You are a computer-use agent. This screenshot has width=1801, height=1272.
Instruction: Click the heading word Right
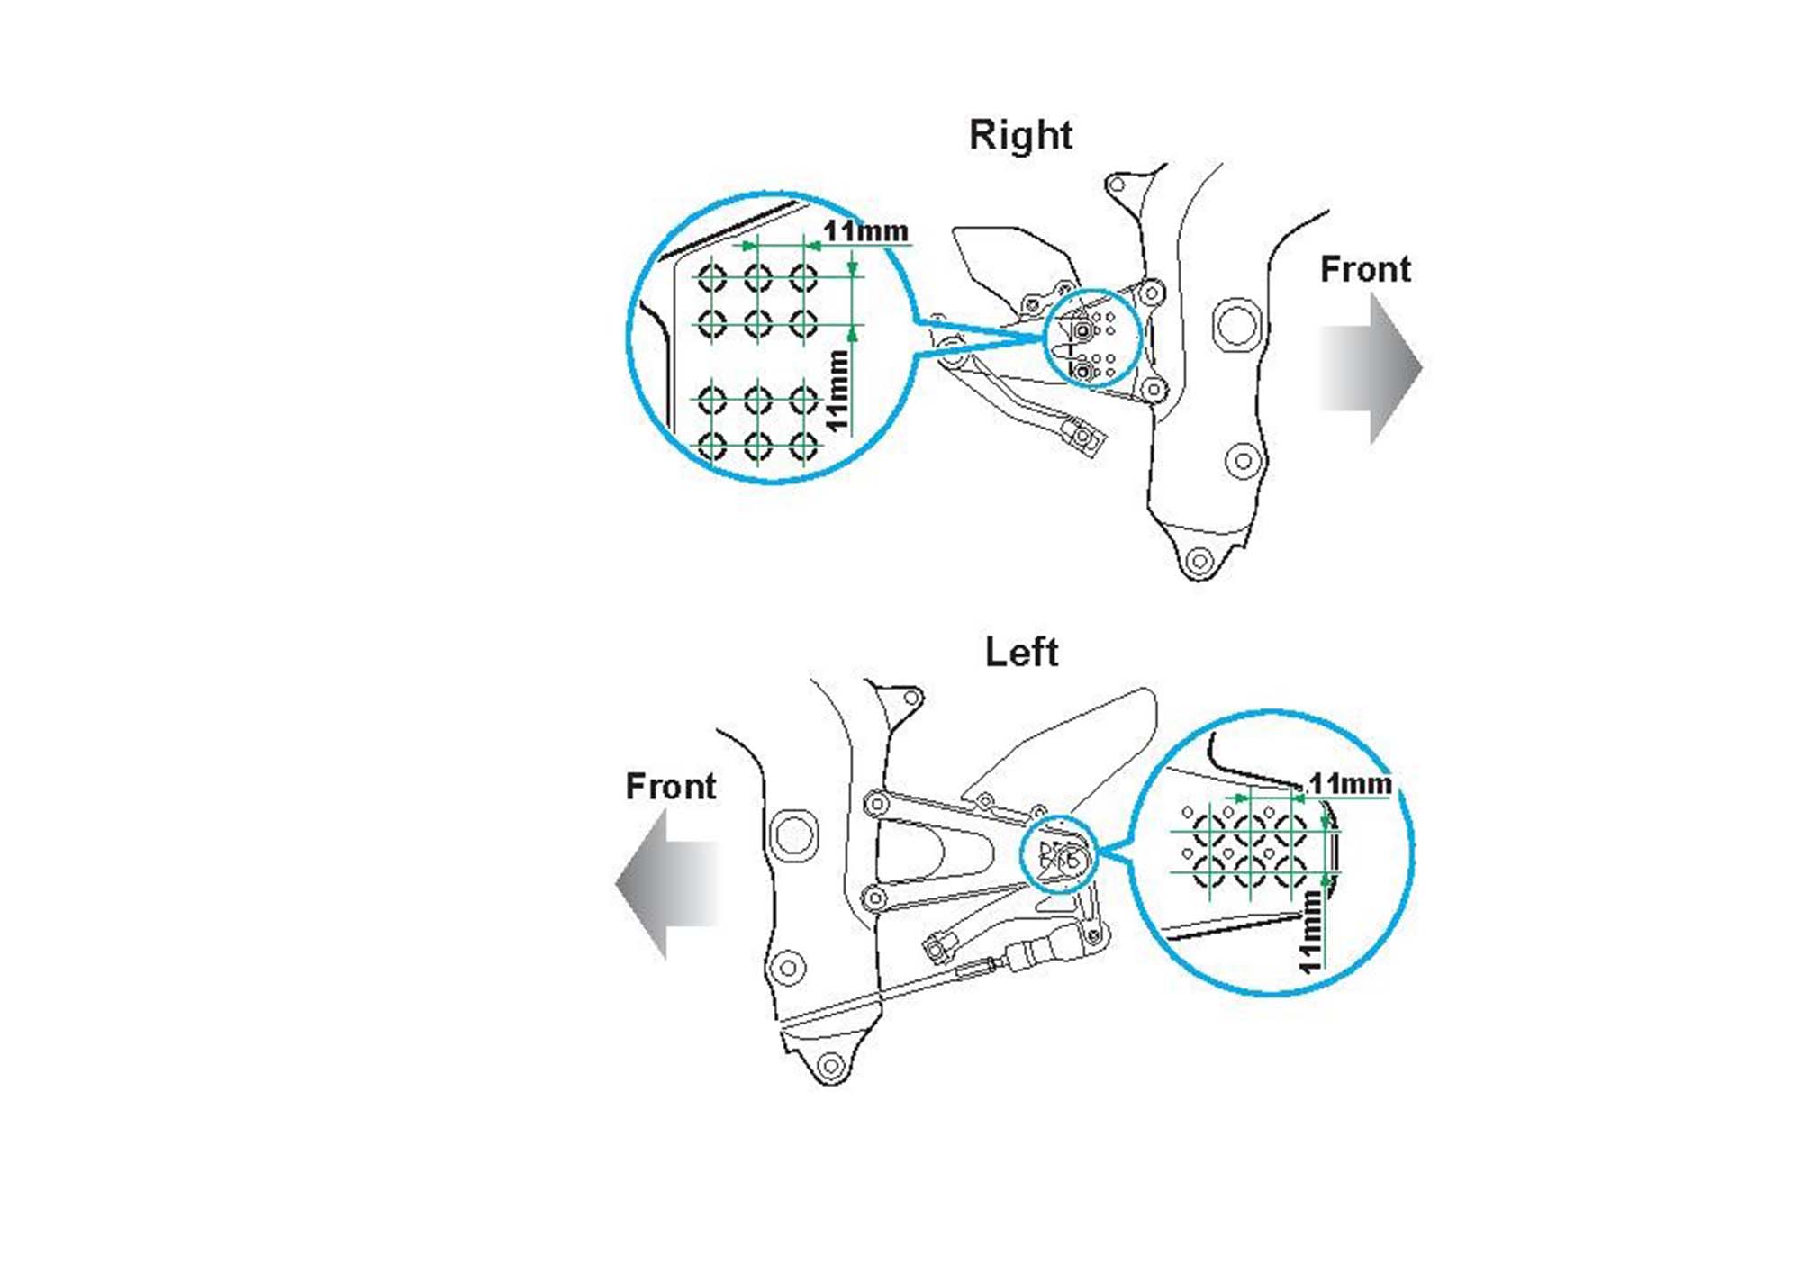pos(1020,136)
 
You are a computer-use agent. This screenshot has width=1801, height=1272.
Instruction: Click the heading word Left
pos(1021,653)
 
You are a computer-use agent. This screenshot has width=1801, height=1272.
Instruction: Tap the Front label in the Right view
pos(1365,270)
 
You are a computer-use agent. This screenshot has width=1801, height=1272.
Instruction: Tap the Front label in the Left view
pos(671,787)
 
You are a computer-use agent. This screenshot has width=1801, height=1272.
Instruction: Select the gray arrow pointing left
pos(666,884)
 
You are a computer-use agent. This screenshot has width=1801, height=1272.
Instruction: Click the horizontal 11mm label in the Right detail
pos(865,231)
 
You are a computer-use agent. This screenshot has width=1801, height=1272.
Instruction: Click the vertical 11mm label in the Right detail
pos(837,392)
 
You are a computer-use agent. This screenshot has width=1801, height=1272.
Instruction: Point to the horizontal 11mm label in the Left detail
pos(1350,784)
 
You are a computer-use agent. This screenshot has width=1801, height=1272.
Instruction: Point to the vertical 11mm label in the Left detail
pos(1310,931)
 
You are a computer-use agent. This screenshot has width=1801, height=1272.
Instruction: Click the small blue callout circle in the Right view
pos(1092,338)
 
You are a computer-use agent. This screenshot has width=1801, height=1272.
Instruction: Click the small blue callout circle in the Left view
pos(1058,854)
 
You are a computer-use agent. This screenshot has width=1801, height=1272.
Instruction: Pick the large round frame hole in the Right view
pos(1236,324)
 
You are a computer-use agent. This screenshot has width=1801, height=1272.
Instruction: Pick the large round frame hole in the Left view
pos(793,834)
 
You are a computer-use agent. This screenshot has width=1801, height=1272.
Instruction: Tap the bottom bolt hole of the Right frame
pos(1199,561)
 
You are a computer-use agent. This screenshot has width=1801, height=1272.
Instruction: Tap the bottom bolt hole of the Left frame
pos(830,1067)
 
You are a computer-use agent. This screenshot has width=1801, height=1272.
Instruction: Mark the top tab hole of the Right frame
pos(1118,185)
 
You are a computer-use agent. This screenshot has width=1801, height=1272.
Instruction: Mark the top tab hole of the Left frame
pos(911,698)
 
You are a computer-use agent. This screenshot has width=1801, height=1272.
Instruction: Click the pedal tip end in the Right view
pos(1086,438)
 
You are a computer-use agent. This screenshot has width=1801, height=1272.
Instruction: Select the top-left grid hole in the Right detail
pos(712,277)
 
